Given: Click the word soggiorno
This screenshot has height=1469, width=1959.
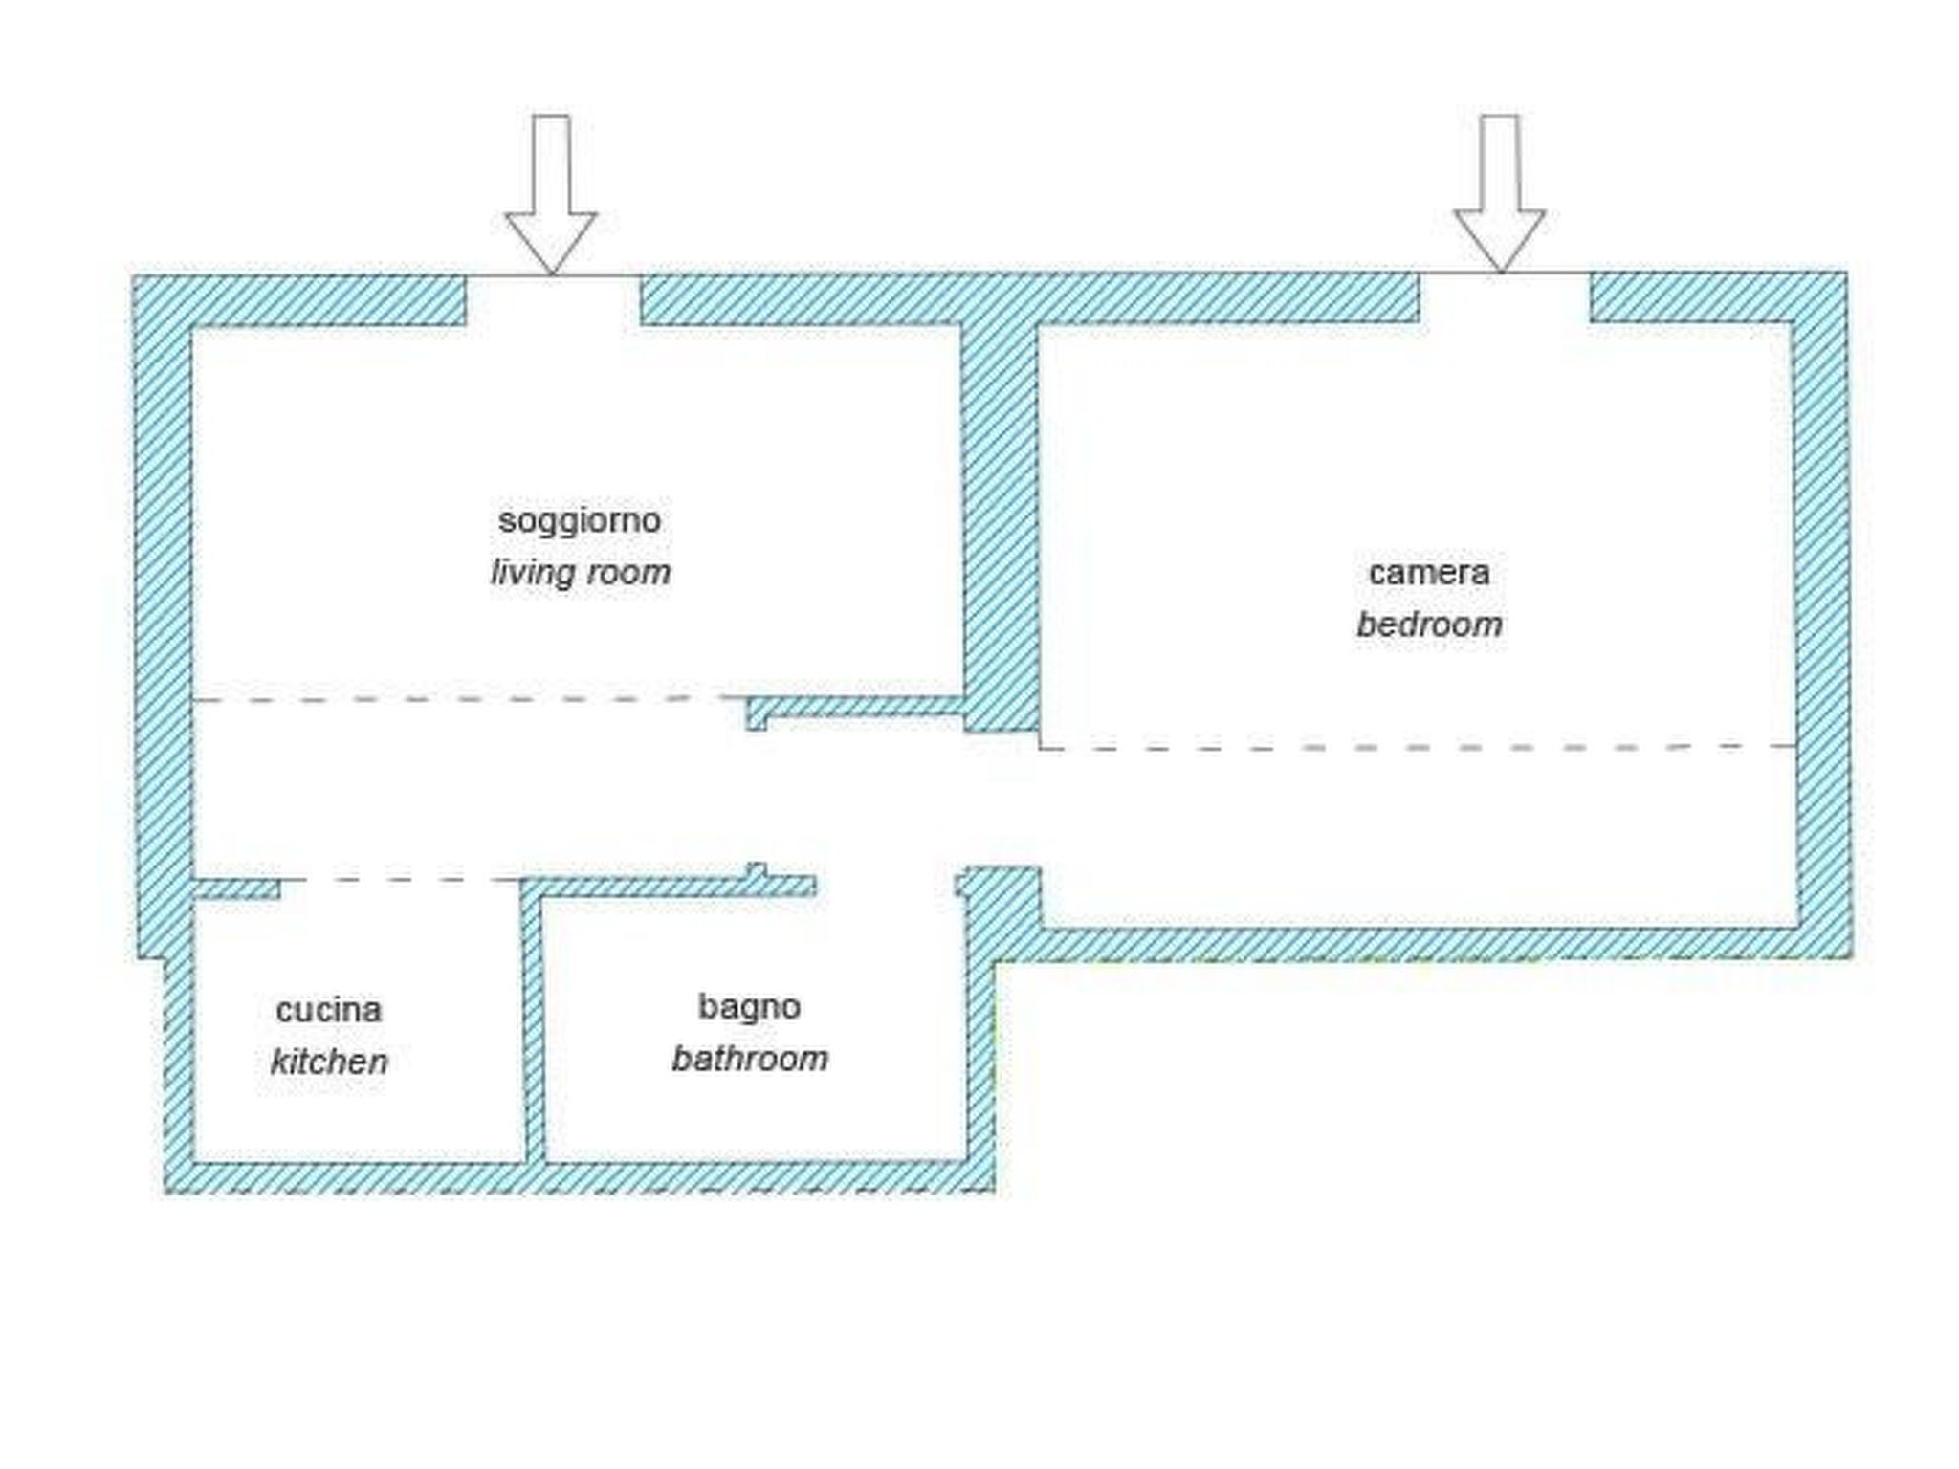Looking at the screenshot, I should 580,521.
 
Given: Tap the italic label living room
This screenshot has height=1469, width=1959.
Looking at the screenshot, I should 580,573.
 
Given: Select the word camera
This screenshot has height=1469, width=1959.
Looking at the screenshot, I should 1429,573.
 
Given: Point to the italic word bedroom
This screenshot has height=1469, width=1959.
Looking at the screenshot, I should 1429,625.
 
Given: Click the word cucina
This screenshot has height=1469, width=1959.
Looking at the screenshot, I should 328,1010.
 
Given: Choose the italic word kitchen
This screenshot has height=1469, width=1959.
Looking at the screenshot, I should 328,1062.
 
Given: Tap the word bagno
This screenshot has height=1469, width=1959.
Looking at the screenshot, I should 749,1006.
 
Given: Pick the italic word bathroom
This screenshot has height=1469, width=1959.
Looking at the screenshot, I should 749,1059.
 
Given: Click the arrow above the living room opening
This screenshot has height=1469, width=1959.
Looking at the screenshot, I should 551,191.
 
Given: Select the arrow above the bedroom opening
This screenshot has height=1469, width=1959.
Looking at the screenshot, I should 1499,191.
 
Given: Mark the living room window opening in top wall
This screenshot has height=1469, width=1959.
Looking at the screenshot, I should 553,298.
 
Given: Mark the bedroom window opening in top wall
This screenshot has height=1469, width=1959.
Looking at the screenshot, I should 1504,296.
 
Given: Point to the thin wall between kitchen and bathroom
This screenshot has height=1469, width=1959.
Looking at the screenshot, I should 534,1023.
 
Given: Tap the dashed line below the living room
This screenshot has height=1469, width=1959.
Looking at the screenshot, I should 459,700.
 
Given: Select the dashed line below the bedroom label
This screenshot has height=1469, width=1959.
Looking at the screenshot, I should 1416,747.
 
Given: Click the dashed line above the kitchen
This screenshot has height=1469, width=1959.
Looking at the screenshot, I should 402,880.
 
